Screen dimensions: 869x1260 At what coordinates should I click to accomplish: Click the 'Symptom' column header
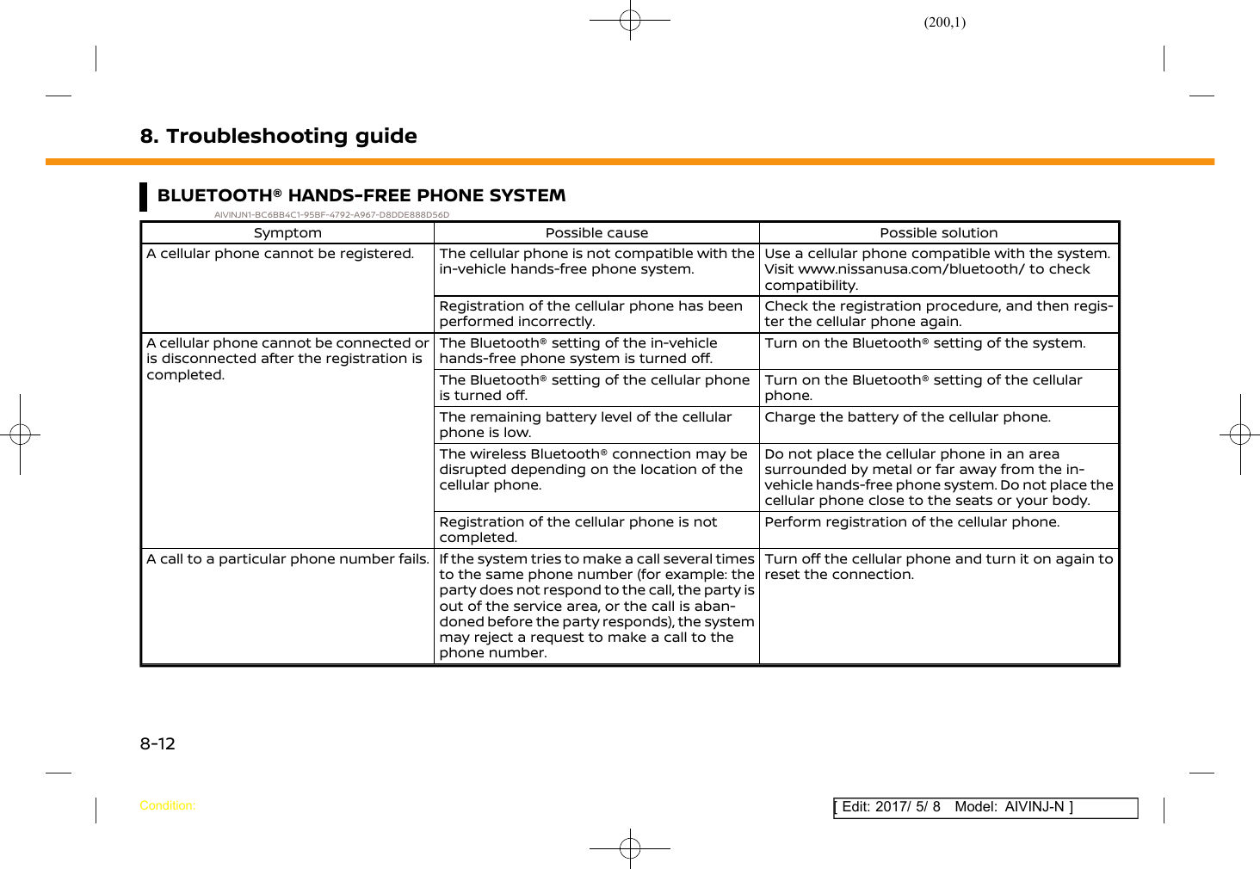pos(287,232)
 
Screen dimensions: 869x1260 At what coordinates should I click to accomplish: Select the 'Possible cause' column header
pos(596,232)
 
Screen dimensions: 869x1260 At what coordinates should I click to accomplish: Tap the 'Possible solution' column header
pos(938,232)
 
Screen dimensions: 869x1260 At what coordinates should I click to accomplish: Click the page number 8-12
pos(157,743)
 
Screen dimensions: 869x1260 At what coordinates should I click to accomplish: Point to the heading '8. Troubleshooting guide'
pos(278,136)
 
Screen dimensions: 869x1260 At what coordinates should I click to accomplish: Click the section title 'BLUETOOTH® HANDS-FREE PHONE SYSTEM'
pos(361,195)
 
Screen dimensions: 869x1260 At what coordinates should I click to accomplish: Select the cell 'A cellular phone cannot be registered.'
pos(280,254)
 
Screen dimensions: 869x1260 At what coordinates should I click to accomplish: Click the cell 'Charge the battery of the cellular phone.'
pos(907,417)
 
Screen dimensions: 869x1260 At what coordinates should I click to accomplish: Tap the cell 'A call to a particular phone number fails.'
pos(287,559)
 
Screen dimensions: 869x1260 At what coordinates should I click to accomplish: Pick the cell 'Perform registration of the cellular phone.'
pos(911,522)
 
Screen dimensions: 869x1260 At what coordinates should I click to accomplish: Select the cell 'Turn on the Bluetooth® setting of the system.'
pos(924,343)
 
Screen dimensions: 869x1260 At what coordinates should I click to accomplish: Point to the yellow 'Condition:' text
pos(167,805)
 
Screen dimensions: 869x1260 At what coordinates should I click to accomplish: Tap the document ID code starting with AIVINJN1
pos(331,215)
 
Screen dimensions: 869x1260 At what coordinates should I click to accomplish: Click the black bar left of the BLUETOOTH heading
pos(144,196)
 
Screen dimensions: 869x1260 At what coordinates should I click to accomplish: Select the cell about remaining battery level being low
pos(585,425)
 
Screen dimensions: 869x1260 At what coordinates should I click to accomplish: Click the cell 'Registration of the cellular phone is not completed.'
pos(577,530)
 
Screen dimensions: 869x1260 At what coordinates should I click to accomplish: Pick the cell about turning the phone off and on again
pos(938,567)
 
